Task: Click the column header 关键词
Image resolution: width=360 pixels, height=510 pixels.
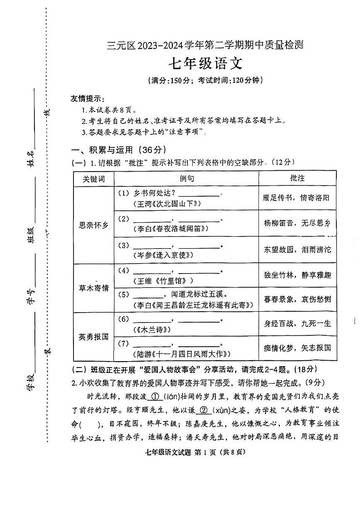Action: [x=93, y=179]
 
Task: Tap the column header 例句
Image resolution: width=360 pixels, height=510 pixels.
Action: [x=186, y=179]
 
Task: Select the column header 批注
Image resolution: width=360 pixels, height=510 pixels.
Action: [x=297, y=178]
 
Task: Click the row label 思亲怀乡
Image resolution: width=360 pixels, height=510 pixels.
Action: [x=93, y=225]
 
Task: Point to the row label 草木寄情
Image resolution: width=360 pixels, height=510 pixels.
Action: [x=93, y=288]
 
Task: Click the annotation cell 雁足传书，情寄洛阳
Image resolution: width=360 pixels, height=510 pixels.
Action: [x=297, y=198]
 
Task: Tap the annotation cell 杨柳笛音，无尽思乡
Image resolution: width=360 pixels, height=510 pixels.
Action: [x=297, y=223]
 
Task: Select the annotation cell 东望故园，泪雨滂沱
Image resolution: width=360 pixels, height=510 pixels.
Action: [x=297, y=249]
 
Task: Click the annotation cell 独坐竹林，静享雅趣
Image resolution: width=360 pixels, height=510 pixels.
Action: [x=297, y=275]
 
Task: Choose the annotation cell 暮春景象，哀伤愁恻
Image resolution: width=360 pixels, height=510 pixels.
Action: [x=297, y=299]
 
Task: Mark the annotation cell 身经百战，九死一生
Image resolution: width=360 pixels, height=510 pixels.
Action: [x=297, y=324]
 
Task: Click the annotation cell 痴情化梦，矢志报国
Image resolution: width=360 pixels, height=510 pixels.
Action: [x=297, y=348]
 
